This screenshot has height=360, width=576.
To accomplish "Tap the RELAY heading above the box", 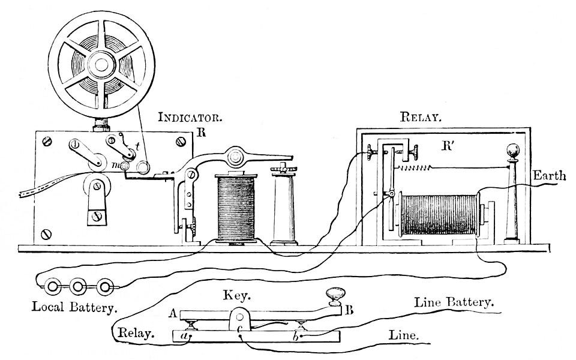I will (x=421, y=116).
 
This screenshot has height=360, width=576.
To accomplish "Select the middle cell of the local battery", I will (x=77, y=287).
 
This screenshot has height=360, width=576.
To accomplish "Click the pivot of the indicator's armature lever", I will (x=235, y=157).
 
